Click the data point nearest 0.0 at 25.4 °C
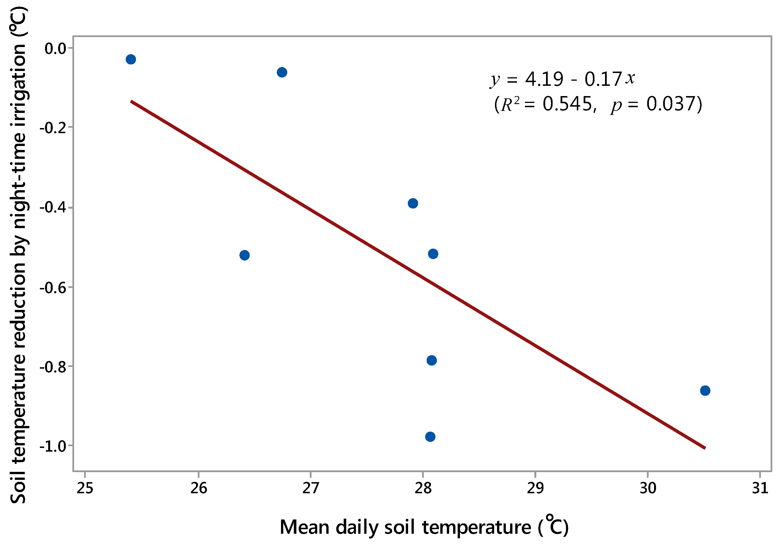pos(131,59)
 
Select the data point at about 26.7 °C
pos(282,72)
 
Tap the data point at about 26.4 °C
pos(244,255)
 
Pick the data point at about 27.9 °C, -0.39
pos(413,203)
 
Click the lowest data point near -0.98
pos(430,437)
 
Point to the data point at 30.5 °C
pos(705,390)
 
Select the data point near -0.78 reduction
pos(431,360)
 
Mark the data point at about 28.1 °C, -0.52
pos(433,254)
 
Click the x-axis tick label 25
pos(85,488)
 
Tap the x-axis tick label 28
pos(423,488)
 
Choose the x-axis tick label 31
pos(760,488)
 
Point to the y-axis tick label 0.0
pos(55,49)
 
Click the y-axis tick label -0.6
pos(52,288)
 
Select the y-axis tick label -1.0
pos(52,446)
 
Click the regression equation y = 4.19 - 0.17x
pos(563,79)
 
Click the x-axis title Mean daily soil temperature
pos(423,527)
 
